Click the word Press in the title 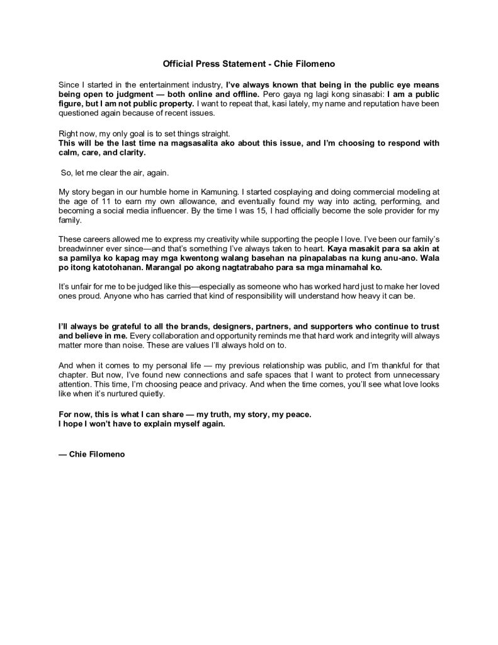(x=219, y=64)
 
